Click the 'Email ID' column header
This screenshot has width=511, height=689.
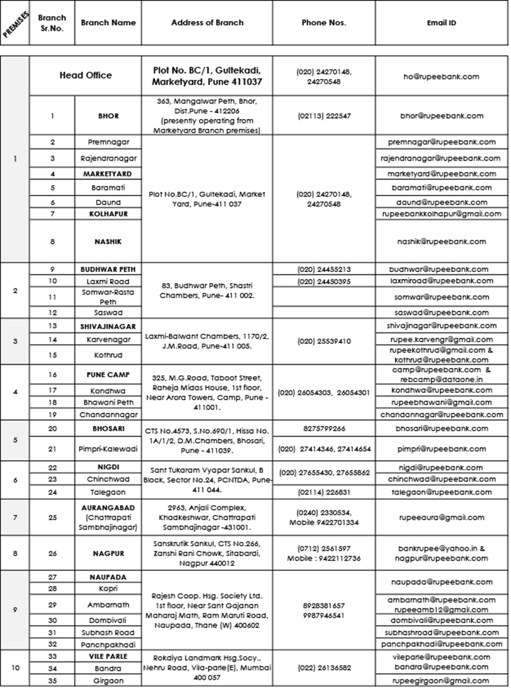coord(441,23)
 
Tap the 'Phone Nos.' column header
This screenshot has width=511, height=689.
coord(324,23)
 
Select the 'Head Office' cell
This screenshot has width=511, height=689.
coord(86,75)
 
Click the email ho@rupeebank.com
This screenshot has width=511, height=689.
coord(441,77)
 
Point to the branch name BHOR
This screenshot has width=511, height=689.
coord(108,116)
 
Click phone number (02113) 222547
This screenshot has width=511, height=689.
coord(324,116)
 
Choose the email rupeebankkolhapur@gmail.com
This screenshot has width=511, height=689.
coord(442,214)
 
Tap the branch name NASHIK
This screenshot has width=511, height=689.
coord(108,241)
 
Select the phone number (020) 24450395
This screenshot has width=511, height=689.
coord(324,281)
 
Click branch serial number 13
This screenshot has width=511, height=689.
coord(52,326)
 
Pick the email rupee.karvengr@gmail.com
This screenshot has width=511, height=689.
coord(442,339)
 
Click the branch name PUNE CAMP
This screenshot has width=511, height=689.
coord(108,375)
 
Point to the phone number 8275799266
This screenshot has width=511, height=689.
coord(324,428)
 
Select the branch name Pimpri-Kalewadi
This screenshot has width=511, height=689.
coord(108,449)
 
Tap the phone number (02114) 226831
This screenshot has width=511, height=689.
coord(324,492)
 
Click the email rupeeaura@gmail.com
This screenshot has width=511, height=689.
coord(442,517)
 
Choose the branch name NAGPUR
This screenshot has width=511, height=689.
coord(108,554)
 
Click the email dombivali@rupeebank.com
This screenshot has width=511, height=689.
coord(442,620)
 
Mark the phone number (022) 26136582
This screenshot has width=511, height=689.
coord(324,668)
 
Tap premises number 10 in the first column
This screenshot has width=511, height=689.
coord(15,668)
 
